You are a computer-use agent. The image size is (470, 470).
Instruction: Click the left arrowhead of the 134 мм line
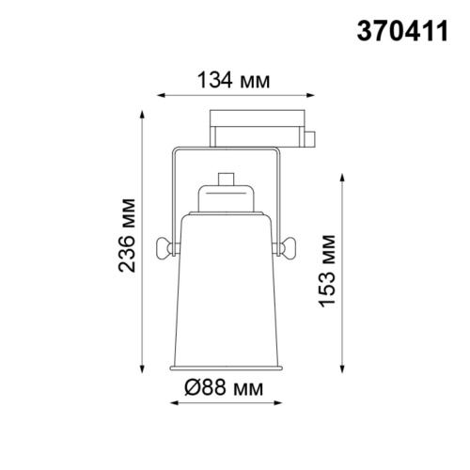click(x=159, y=95)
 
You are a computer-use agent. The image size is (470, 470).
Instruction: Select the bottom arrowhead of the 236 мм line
click(x=143, y=368)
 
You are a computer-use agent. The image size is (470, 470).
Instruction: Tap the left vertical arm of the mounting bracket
click(x=173, y=193)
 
